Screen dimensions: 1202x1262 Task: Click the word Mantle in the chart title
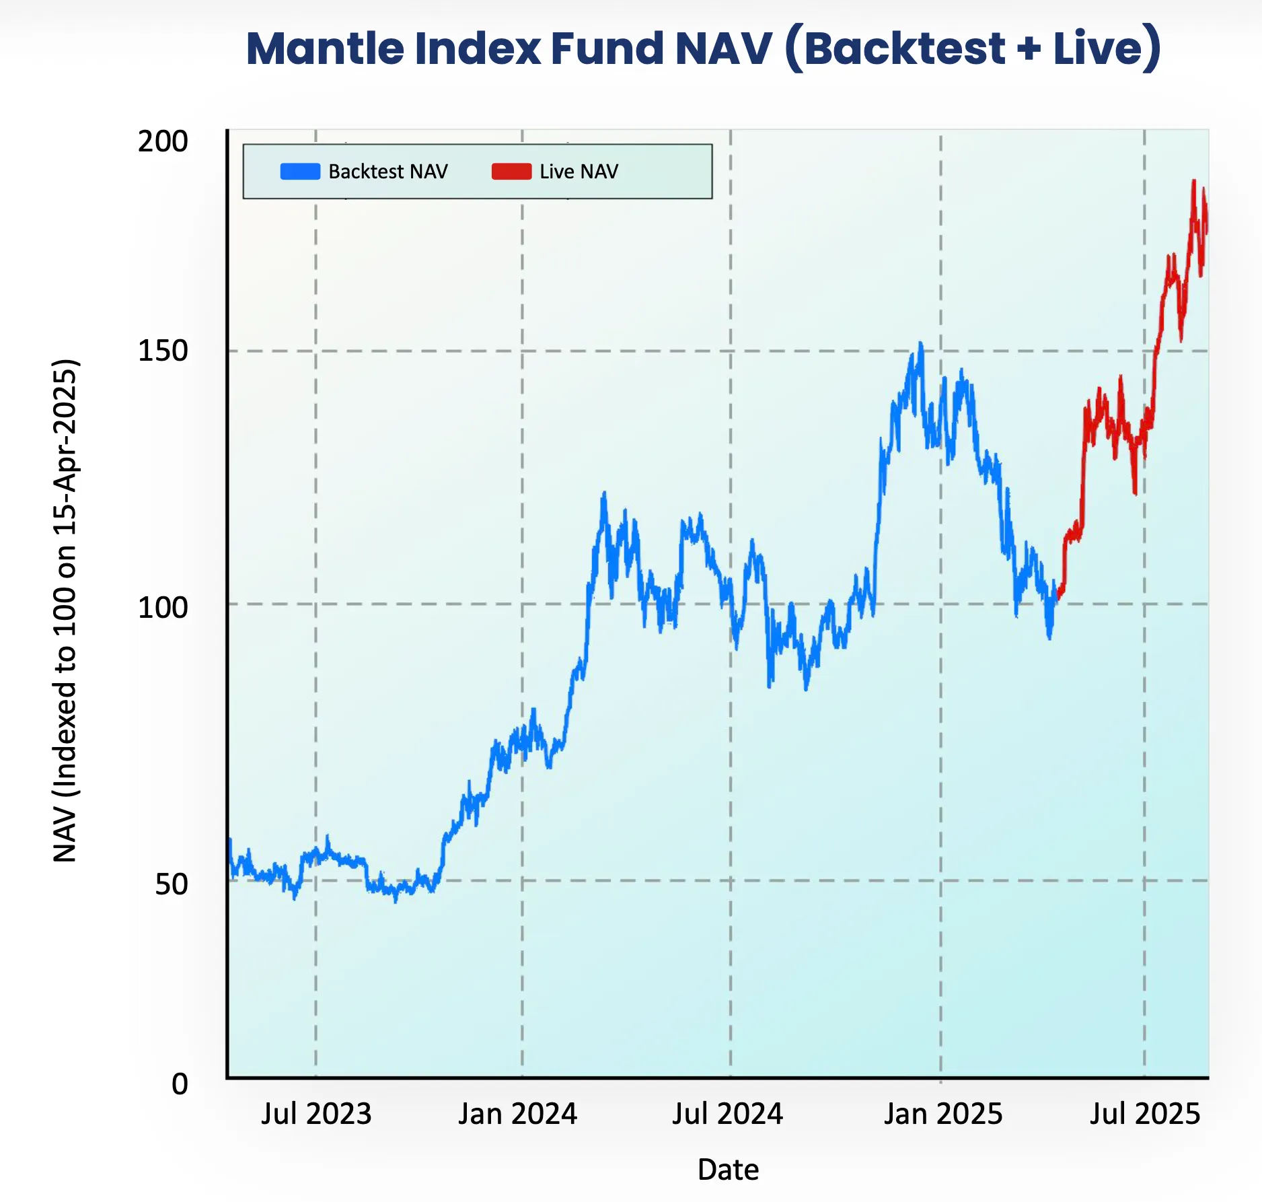coord(326,48)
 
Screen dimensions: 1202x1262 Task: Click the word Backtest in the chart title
coord(904,48)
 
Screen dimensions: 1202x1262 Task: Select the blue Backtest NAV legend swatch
coord(300,172)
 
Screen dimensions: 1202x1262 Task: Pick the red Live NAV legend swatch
coord(511,172)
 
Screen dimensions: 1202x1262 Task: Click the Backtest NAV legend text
coord(387,172)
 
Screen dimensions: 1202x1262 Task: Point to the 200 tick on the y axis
coord(162,142)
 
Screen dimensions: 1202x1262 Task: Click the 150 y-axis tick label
coord(162,351)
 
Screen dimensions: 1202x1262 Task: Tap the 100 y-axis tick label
coord(162,608)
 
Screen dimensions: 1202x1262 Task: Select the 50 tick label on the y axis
coord(171,884)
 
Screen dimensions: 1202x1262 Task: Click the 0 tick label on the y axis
coord(179,1084)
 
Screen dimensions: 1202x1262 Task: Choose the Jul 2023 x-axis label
coord(316,1114)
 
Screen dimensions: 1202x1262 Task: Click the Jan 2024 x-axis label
coord(517,1114)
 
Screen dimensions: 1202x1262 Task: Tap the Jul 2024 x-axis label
coord(727,1114)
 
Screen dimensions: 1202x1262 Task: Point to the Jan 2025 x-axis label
coord(942,1114)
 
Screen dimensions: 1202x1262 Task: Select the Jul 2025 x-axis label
coord(1144,1114)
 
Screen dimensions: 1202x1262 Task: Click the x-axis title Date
coord(728,1170)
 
